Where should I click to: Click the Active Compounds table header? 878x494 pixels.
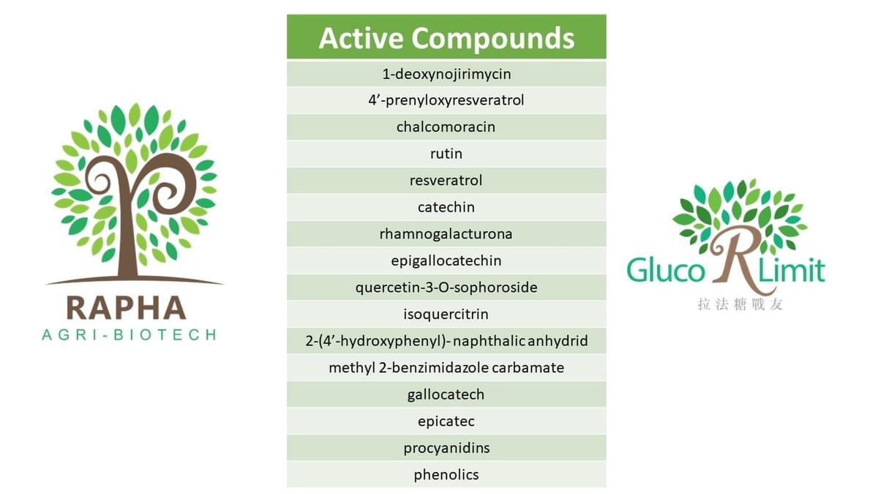click(446, 37)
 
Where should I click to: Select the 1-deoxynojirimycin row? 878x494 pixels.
click(446, 74)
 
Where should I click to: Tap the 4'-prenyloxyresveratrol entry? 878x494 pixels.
click(446, 100)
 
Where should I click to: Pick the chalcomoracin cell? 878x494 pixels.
click(446, 127)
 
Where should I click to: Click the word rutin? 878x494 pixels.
click(446, 154)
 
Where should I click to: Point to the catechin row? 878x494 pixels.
click(446, 207)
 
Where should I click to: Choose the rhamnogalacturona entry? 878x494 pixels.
click(446, 234)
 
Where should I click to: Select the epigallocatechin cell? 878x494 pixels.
click(446, 261)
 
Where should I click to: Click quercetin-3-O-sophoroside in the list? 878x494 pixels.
click(446, 288)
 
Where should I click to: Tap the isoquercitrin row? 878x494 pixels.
click(446, 314)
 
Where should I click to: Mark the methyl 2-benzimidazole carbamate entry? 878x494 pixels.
click(446, 367)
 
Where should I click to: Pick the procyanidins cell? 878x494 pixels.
click(446, 448)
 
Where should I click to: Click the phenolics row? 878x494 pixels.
click(446, 475)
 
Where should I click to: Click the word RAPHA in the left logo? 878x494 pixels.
click(126, 308)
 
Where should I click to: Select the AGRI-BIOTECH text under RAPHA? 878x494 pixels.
click(130, 335)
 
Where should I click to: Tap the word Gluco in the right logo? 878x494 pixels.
click(666, 270)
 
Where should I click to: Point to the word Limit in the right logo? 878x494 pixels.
click(792, 270)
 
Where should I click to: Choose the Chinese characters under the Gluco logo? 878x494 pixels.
click(740, 304)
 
